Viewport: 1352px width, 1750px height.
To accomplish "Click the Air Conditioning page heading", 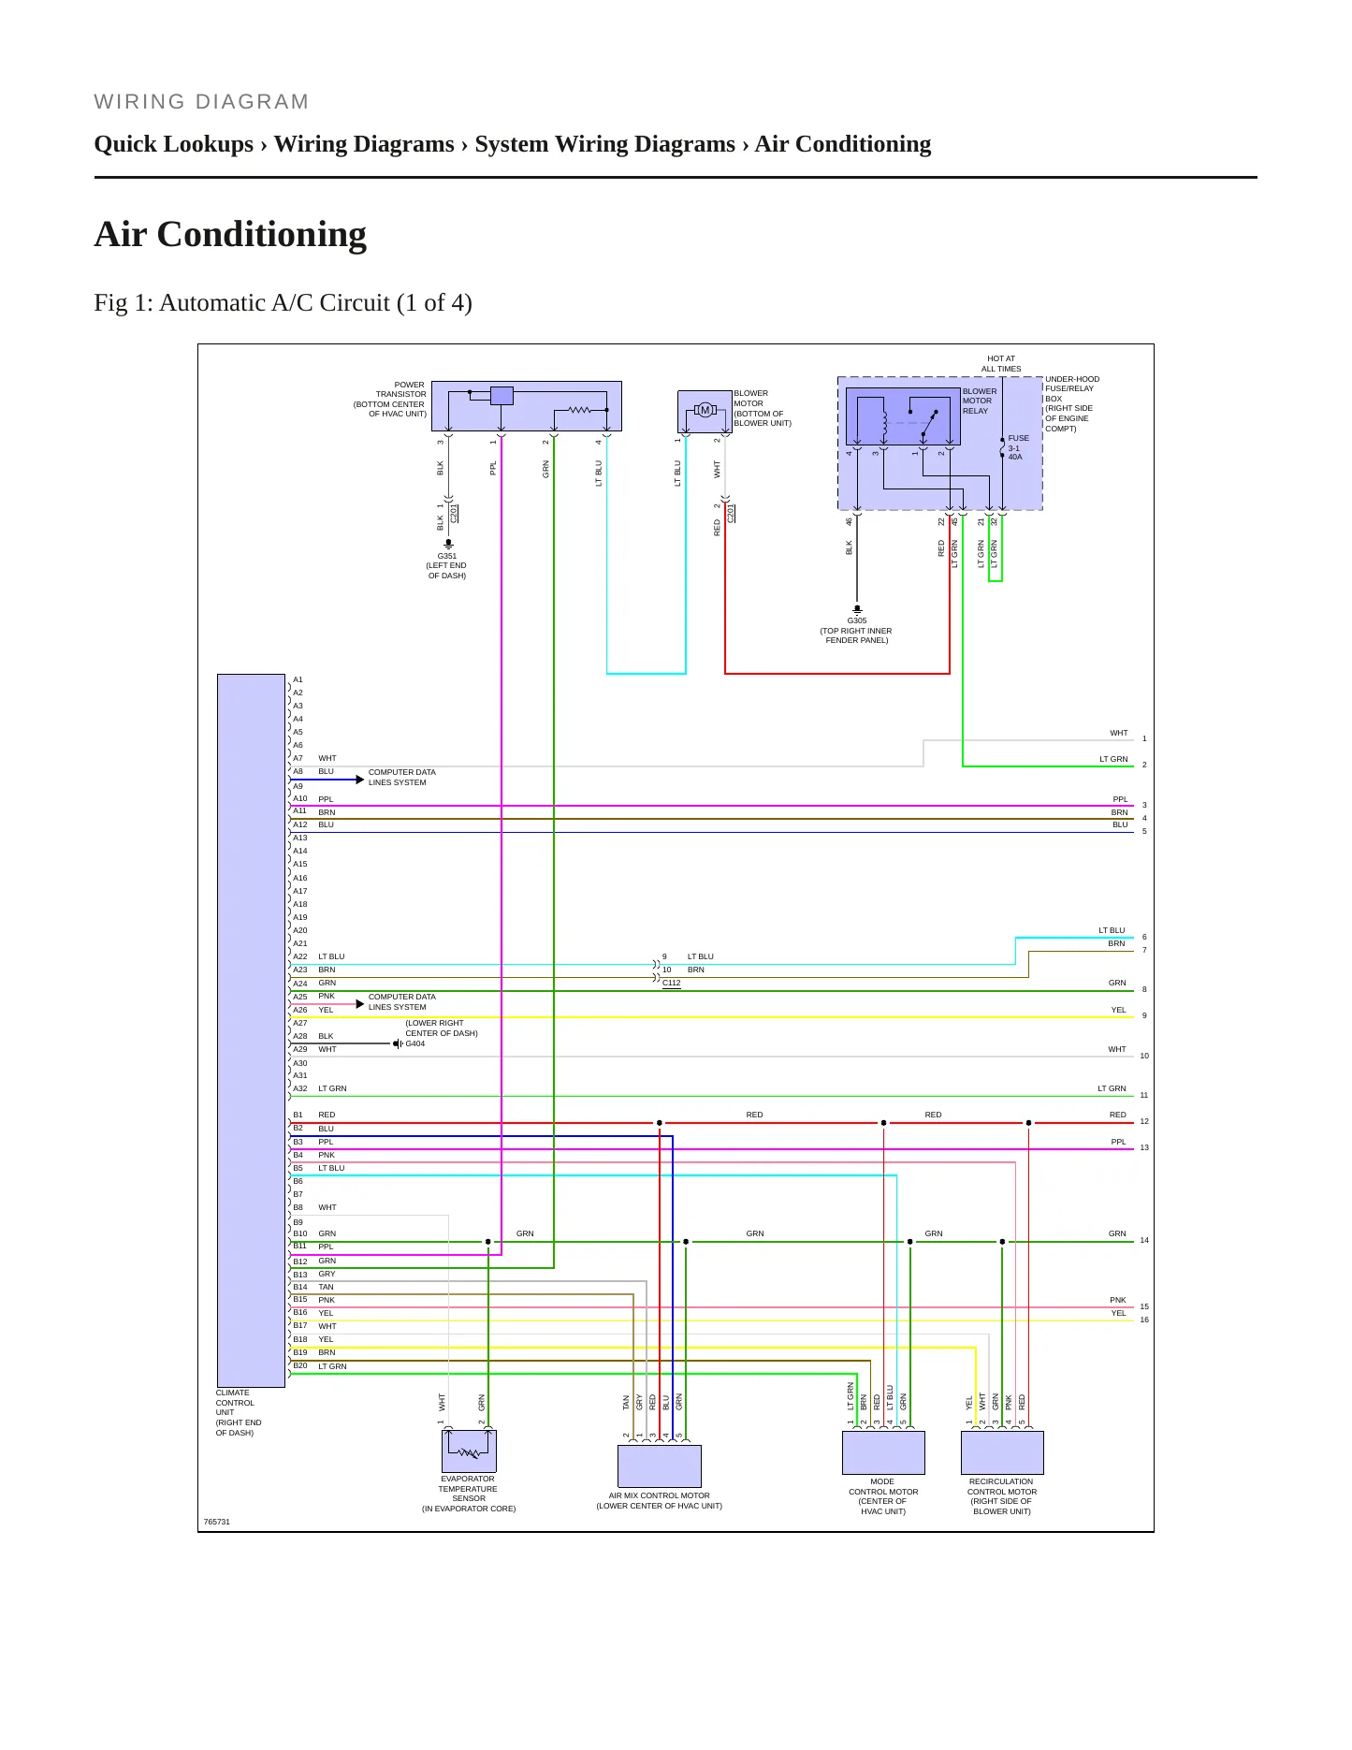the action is pos(230,234).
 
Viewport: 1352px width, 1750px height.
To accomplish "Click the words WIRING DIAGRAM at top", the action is pos(201,102).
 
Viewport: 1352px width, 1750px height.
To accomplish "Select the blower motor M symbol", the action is pos(705,410).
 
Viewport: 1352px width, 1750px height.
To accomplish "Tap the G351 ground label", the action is pos(447,556).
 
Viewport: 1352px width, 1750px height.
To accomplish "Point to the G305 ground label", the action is pos(857,620).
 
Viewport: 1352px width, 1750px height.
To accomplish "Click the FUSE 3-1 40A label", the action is pos(1018,447).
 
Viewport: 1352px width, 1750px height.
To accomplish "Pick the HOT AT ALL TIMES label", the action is pos(1001,364).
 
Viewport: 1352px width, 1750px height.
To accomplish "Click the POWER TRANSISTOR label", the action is pos(400,389).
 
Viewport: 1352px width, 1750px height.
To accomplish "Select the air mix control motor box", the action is pos(660,1466).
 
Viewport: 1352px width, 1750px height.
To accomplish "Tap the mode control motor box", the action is pos(883,1452).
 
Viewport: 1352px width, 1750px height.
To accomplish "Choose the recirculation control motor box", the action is pos(1002,1452).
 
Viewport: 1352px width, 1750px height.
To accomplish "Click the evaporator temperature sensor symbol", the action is pos(469,1451).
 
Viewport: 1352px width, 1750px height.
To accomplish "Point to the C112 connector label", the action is pos(672,984).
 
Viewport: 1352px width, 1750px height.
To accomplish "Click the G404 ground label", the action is pos(414,1043).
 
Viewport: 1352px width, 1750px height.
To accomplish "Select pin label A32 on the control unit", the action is pos(300,1088).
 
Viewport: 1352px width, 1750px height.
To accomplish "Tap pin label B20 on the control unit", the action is pos(300,1365).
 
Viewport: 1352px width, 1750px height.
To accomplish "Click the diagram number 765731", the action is pos(217,1522).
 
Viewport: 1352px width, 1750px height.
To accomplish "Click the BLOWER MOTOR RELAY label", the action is pos(980,401).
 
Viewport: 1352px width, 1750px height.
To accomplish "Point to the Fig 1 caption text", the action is pos(283,303).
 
